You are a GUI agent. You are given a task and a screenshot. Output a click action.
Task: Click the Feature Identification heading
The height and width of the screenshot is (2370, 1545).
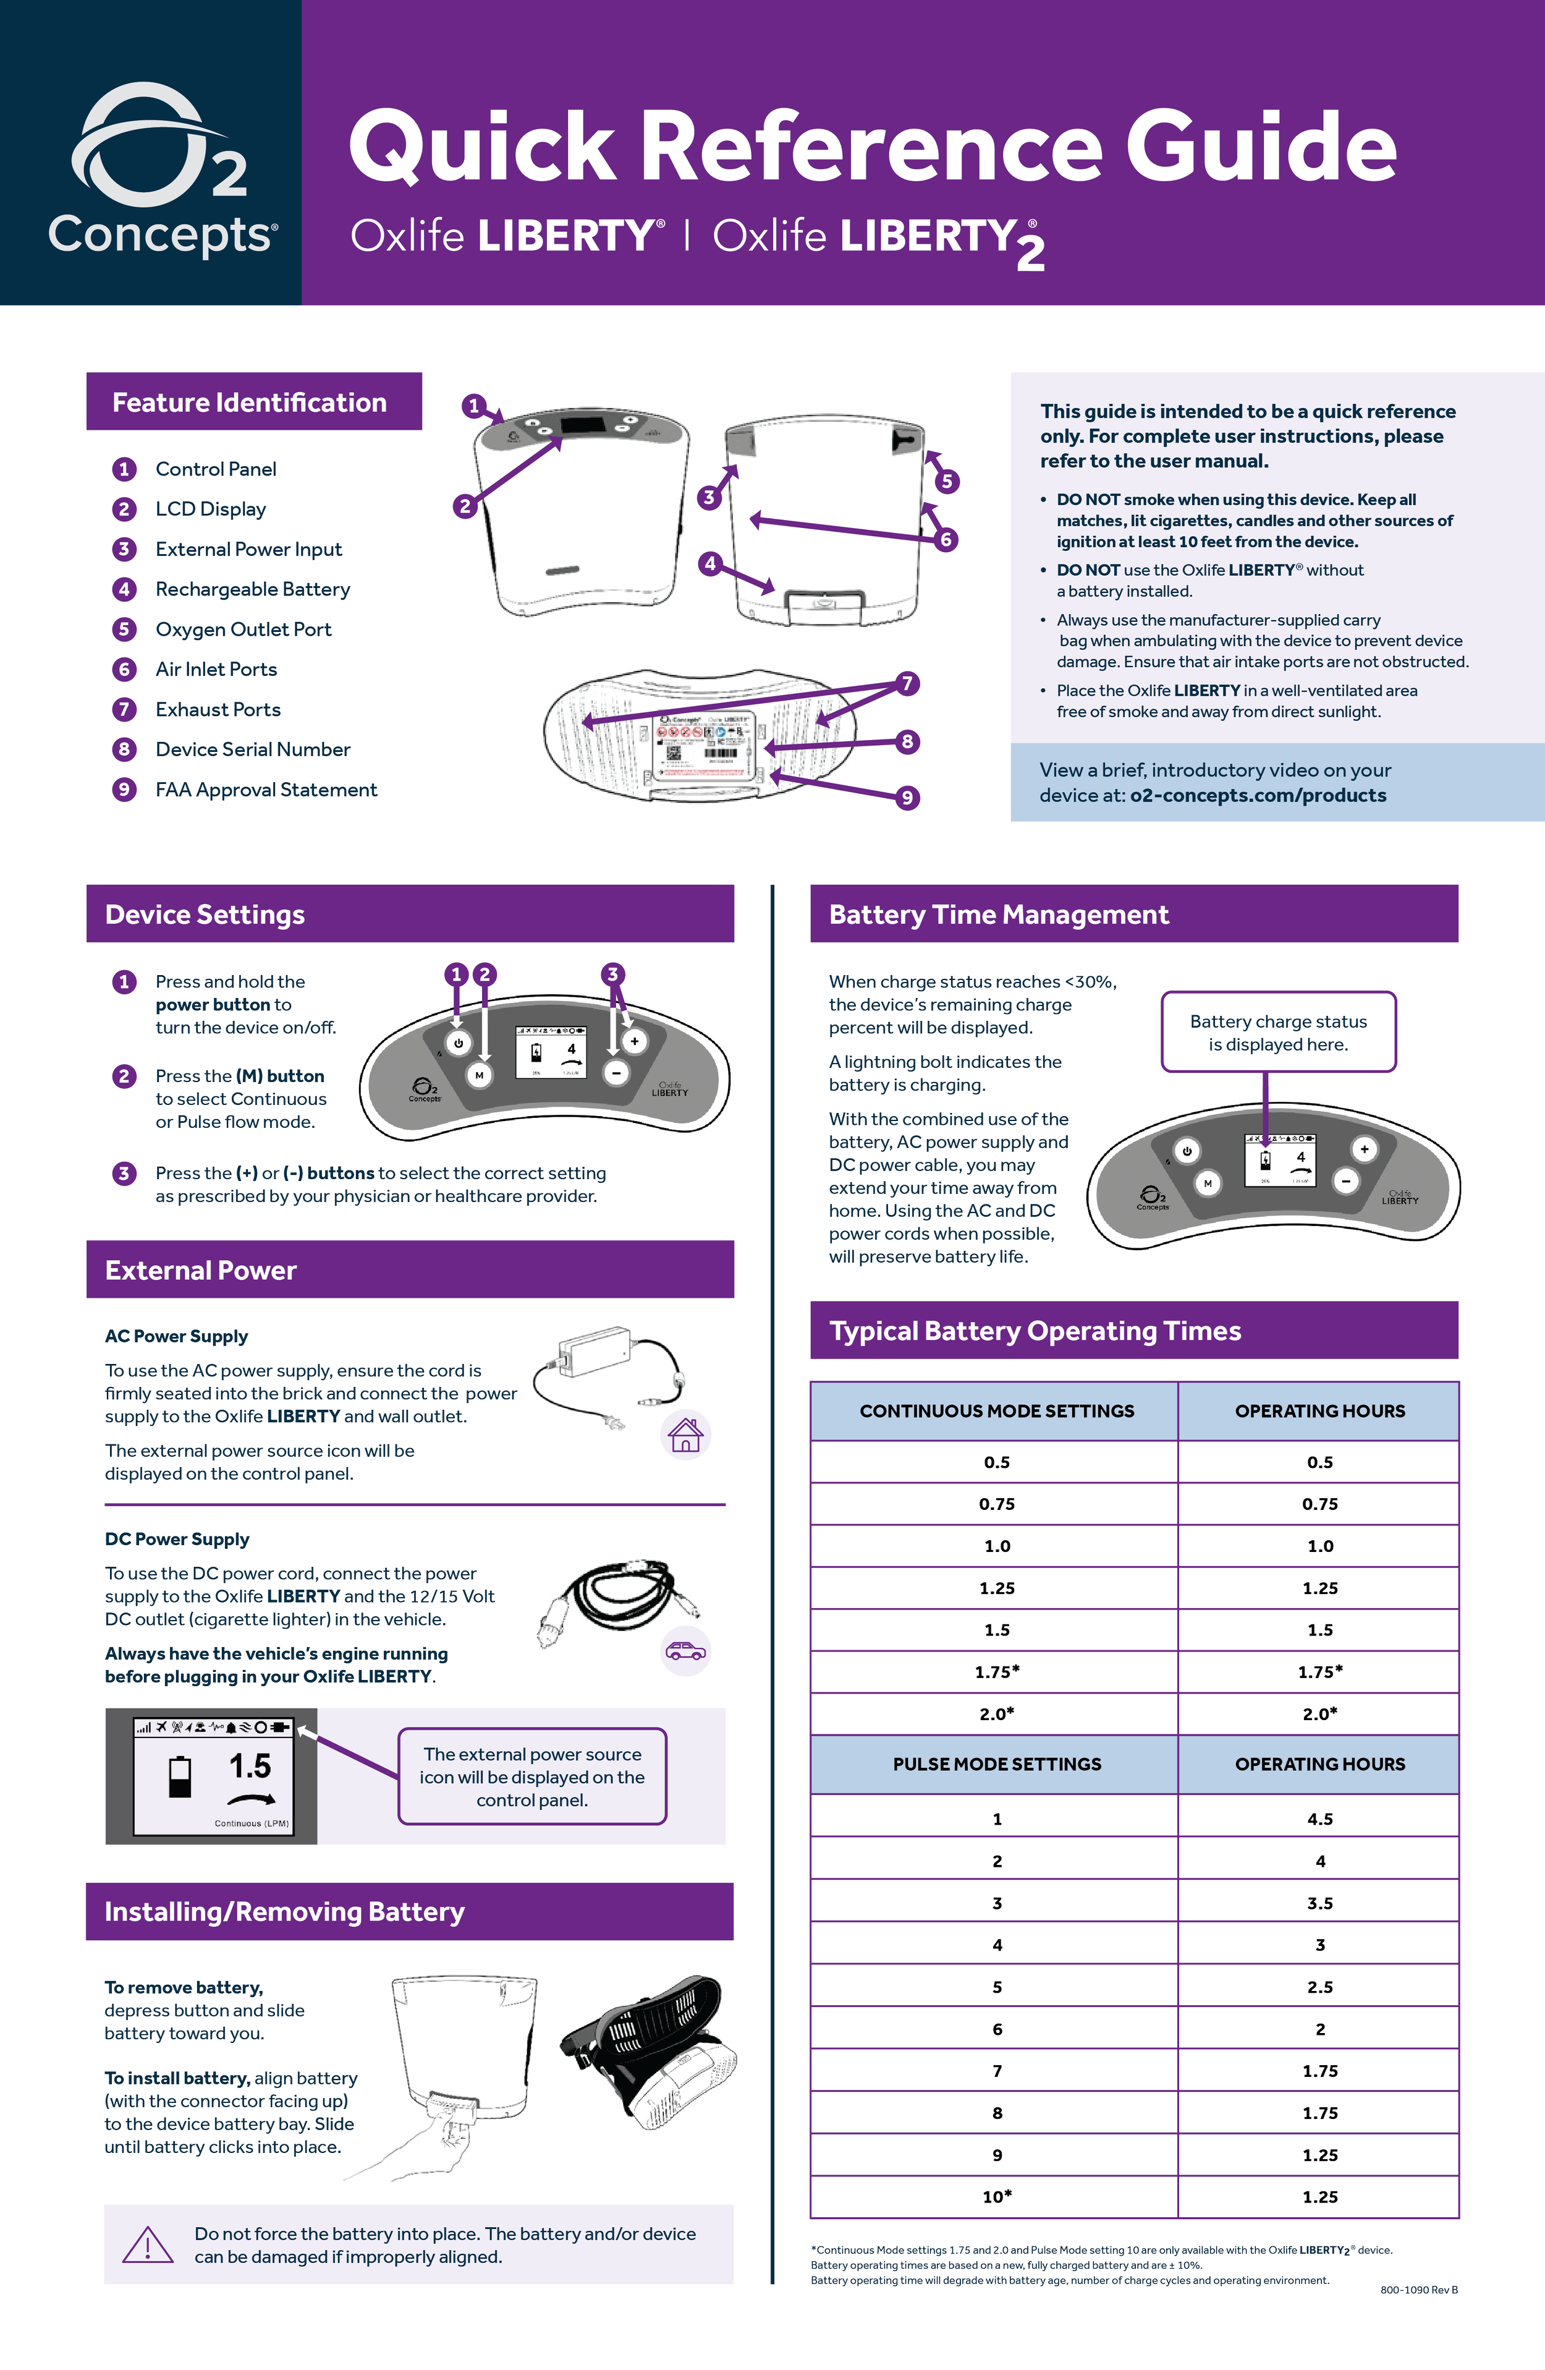click(249, 403)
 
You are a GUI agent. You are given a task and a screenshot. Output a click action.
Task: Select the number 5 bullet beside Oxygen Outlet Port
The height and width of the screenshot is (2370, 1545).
click(124, 629)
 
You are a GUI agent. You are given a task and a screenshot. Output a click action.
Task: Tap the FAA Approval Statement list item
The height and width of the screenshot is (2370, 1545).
click(266, 790)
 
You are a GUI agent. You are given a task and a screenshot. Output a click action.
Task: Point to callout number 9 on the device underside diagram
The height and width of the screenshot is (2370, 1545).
click(907, 798)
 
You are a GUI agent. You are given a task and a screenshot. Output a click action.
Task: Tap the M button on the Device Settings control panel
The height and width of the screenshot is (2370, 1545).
click(479, 1075)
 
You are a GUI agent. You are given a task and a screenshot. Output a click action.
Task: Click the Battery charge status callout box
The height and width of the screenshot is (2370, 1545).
click(1278, 1033)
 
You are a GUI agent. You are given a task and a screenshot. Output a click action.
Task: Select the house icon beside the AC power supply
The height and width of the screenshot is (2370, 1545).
click(685, 1435)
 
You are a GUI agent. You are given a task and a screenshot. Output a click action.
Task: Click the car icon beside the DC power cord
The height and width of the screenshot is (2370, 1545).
click(685, 1651)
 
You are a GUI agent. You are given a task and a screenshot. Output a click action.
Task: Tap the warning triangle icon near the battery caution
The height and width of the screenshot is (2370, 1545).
click(147, 2244)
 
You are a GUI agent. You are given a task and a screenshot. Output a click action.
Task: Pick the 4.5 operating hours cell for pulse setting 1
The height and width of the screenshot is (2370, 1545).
click(1319, 1819)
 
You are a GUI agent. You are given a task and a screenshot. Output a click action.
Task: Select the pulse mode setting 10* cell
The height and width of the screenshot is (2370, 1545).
click(996, 2197)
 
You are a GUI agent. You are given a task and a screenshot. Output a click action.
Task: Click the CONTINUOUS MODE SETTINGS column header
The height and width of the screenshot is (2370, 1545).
click(996, 1411)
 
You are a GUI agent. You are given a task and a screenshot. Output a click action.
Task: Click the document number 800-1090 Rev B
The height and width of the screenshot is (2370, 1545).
click(1418, 2290)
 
